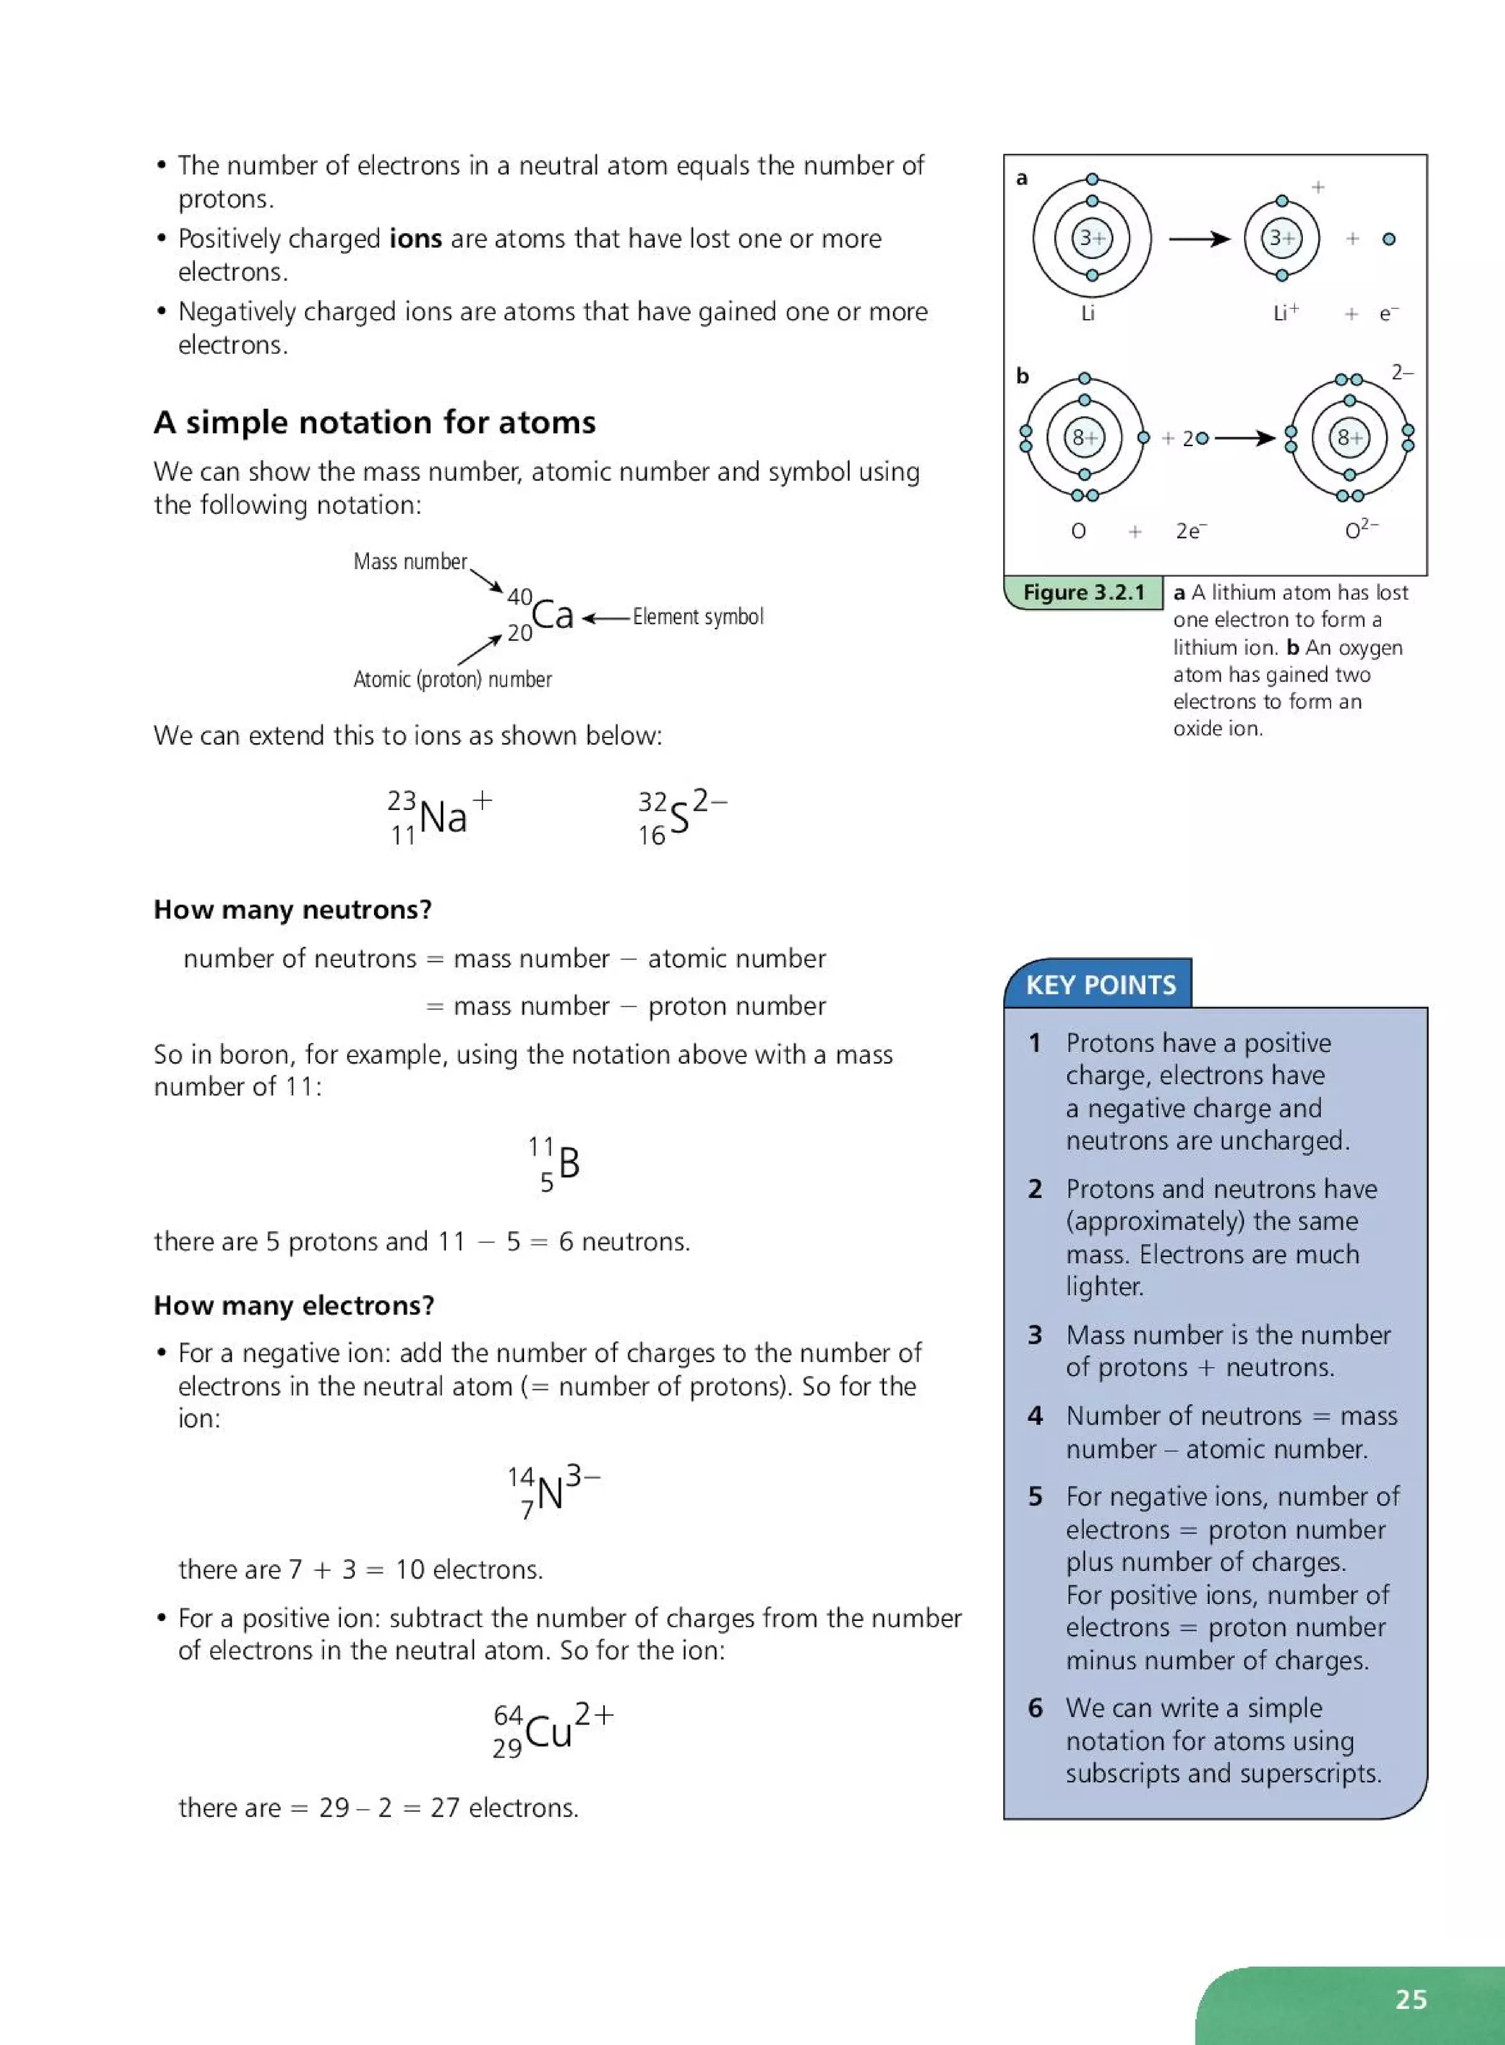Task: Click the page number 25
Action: [1410, 1999]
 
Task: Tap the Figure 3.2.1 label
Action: [1083, 592]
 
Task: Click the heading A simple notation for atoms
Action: [375, 423]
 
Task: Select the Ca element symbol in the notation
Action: [553, 615]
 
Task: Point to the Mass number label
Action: [410, 562]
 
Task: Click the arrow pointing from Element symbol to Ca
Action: [606, 618]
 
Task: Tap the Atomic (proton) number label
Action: [452, 679]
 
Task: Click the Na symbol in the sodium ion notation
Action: [442, 817]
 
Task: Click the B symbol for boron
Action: [569, 1163]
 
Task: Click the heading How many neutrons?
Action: [292, 909]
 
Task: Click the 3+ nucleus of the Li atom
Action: [1091, 239]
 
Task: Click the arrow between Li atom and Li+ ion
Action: [1199, 239]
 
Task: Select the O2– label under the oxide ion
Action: [1361, 529]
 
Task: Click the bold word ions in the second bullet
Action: [415, 239]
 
